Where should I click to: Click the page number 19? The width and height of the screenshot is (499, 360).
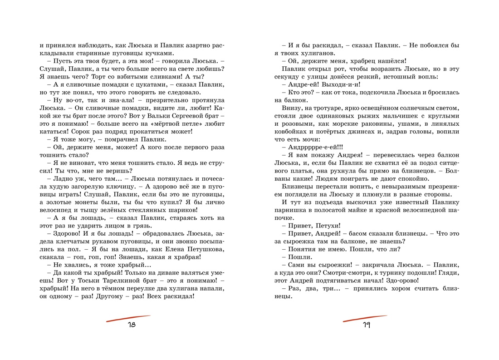(366, 325)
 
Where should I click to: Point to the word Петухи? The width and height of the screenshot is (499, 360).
(326, 226)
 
